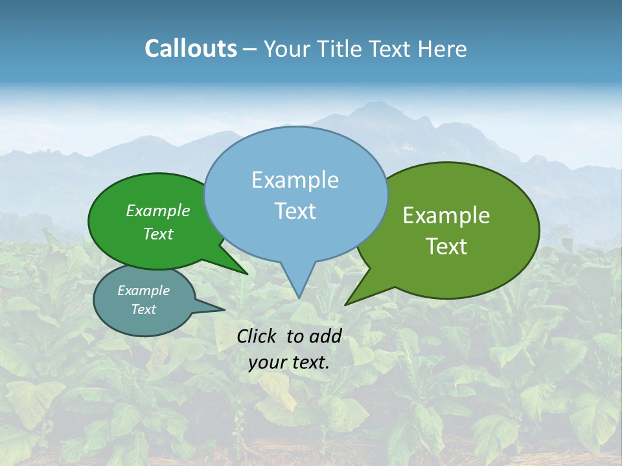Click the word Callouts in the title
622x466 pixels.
click(190, 49)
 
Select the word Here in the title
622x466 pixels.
click(443, 49)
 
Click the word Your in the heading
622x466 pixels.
click(287, 49)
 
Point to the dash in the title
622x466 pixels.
click(250, 49)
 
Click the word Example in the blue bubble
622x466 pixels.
click(295, 180)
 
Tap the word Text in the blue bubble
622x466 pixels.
click(295, 211)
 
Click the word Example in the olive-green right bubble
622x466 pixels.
click(446, 216)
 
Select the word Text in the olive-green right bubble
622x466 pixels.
click(447, 247)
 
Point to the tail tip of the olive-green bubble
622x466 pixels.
click(346, 304)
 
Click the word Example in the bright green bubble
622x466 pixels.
click(158, 210)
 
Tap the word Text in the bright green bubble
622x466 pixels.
click(158, 234)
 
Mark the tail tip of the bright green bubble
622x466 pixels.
click(247, 274)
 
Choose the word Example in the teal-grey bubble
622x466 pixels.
click(144, 291)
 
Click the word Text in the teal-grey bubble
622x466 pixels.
click(144, 309)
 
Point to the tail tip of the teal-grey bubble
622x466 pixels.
click(224, 309)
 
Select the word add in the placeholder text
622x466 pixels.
click(325, 336)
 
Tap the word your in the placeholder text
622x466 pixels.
click(267, 362)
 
